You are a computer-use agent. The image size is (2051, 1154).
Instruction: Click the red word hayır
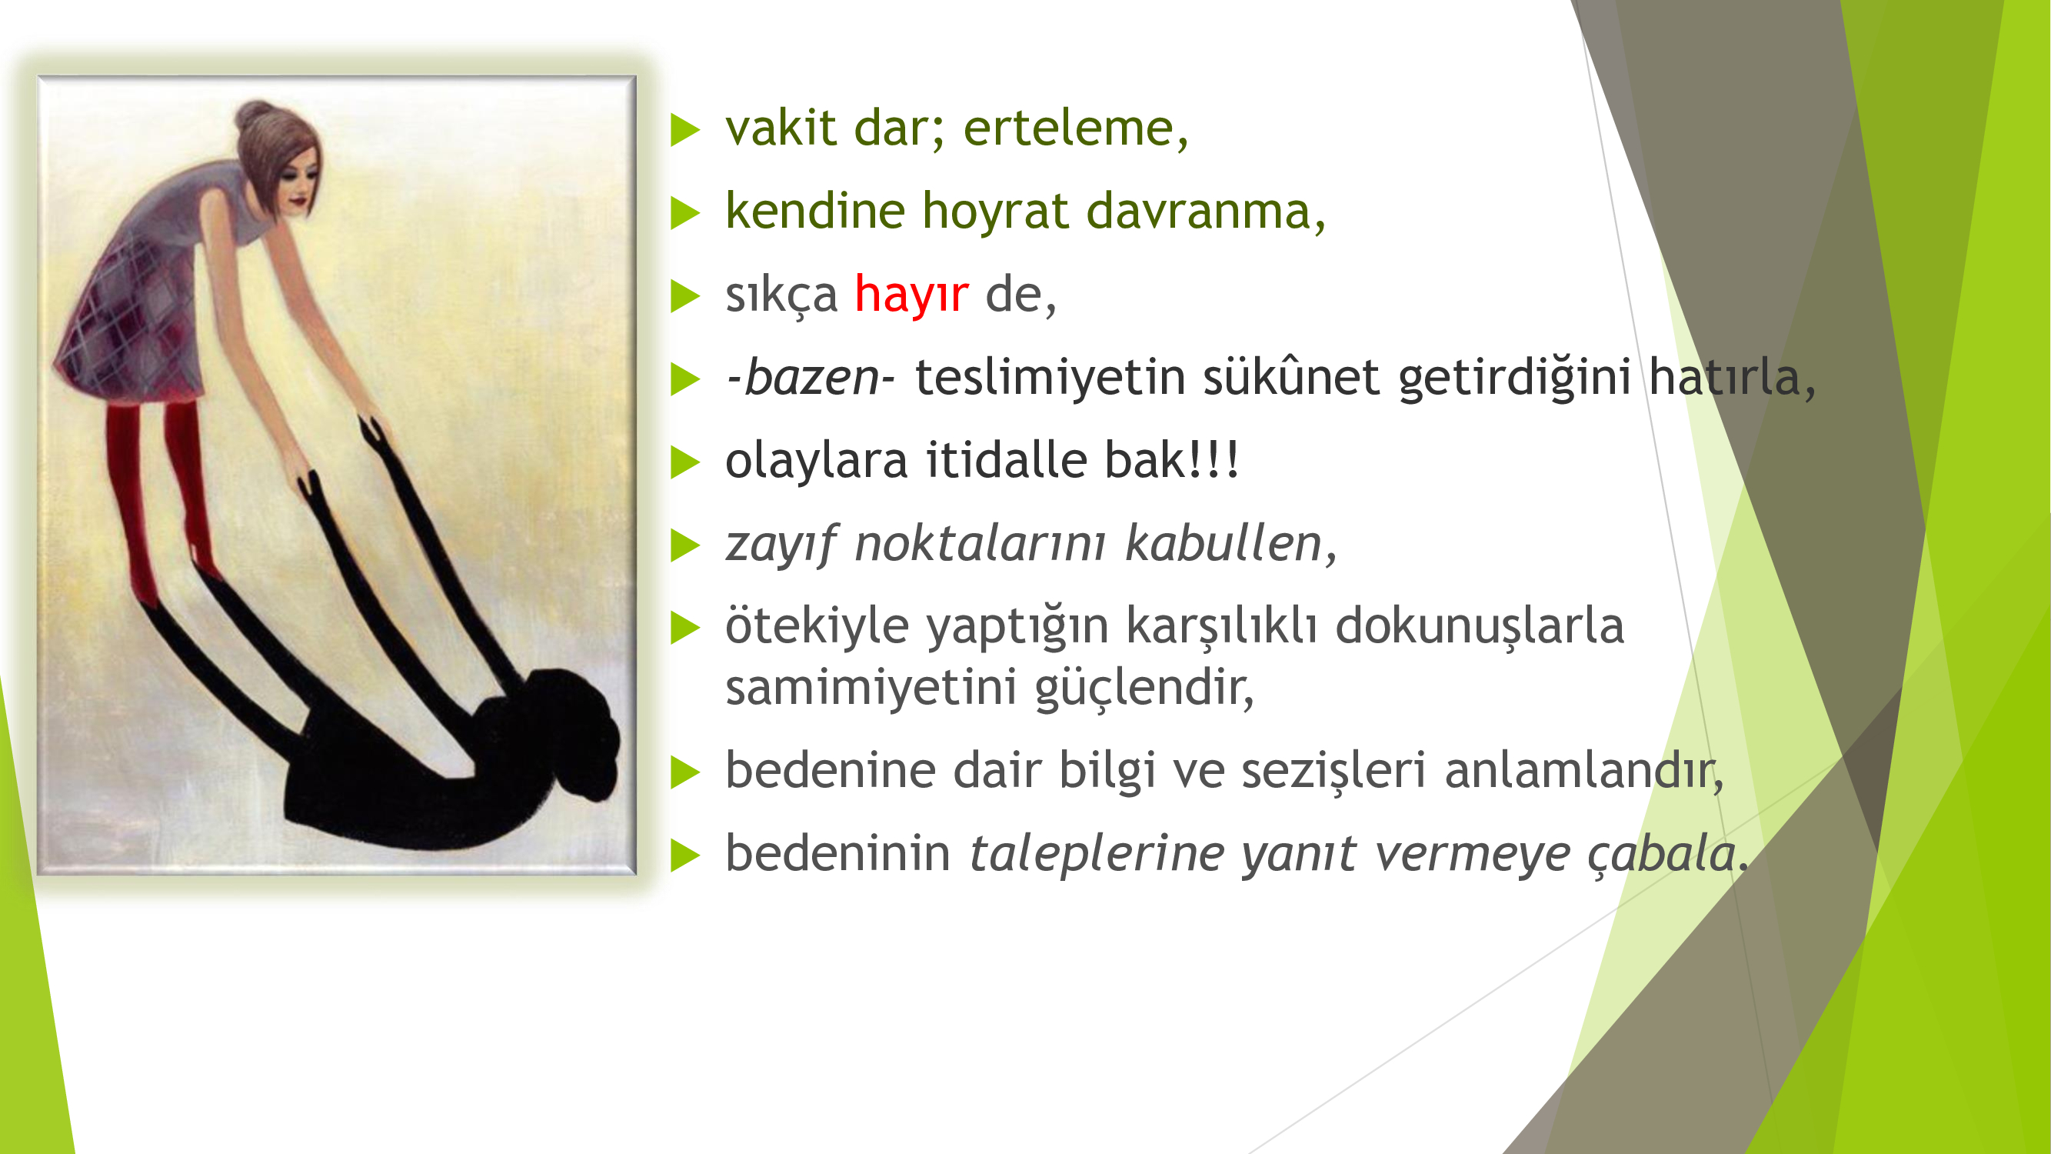[x=911, y=294]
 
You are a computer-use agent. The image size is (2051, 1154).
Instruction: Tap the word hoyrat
[x=995, y=211]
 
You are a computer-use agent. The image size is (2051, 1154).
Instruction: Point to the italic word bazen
[x=811, y=377]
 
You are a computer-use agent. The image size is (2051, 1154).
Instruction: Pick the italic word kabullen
[x=1224, y=543]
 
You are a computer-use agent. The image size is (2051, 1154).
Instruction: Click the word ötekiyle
[x=817, y=625]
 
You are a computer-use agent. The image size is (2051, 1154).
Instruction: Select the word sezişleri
[x=1333, y=771]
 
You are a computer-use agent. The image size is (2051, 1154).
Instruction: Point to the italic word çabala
[x=1662, y=854]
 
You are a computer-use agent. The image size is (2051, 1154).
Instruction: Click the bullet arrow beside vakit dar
[x=684, y=130]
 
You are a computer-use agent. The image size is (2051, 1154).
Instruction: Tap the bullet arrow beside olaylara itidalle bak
[x=684, y=462]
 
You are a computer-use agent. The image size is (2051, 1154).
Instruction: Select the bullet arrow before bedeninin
[x=684, y=856]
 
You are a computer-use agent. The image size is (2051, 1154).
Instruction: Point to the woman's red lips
[x=298, y=202]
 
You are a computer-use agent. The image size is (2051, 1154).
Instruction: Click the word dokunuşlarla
[x=1480, y=626]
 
